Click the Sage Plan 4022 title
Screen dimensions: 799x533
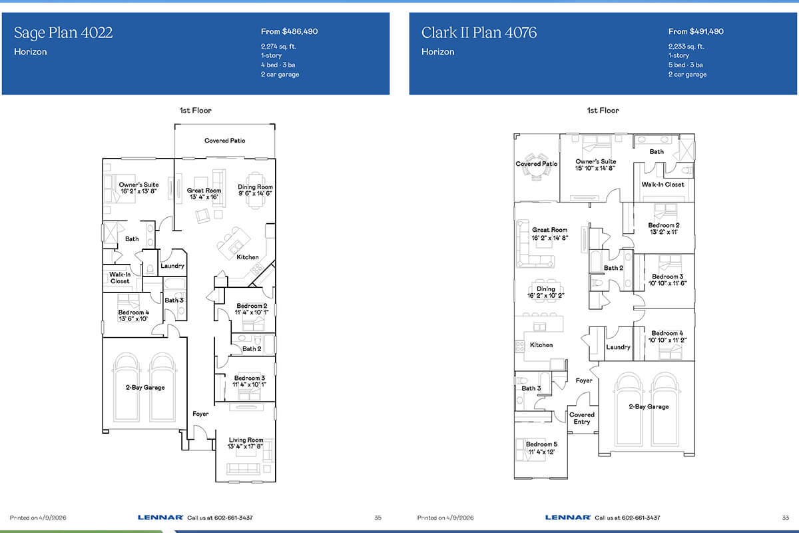click(63, 33)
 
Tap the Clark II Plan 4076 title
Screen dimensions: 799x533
click(479, 33)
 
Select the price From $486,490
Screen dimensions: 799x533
click(289, 31)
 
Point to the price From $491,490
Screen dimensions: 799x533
click(696, 31)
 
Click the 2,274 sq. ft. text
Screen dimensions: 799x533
click(278, 47)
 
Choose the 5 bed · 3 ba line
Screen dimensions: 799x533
click(686, 65)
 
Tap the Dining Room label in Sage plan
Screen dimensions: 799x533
click(255, 187)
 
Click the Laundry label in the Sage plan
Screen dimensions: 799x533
click(172, 266)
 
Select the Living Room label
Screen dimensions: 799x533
click(246, 440)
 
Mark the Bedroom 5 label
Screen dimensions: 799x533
click(541, 444)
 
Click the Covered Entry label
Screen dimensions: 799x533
click(582, 418)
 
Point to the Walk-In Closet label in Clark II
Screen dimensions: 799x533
click(663, 185)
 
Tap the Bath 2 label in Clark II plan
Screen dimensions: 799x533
click(613, 268)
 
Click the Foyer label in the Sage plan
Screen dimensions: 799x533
click(200, 414)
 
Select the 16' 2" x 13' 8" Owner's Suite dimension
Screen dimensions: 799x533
click(138, 191)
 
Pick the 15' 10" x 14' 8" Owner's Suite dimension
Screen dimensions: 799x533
click(595, 168)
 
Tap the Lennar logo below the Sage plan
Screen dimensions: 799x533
click(160, 517)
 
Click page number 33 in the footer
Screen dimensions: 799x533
click(786, 518)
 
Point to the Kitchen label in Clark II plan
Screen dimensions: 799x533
click(541, 345)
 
